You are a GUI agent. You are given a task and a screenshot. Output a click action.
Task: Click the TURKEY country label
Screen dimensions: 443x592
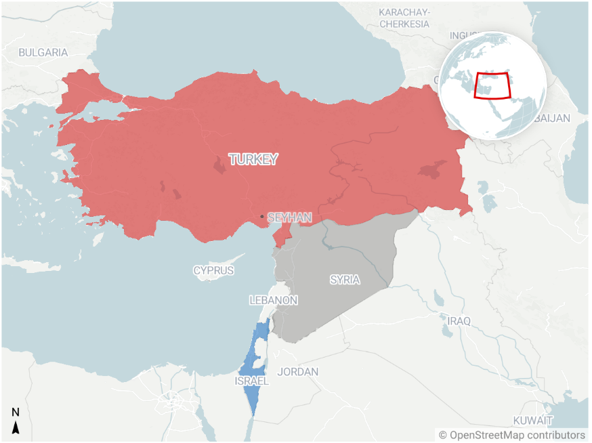(x=253, y=160)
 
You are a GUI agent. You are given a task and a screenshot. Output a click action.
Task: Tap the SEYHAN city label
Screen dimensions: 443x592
(x=289, y=217)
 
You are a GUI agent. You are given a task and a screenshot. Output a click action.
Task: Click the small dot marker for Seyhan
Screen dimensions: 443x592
(x=262, y=217)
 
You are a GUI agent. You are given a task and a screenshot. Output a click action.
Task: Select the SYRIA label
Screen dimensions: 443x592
(x=345, y=280)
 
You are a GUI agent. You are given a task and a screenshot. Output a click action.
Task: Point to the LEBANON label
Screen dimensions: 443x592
(x=273, y=300)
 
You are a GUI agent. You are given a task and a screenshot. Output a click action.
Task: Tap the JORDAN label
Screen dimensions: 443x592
(x=297, y=372)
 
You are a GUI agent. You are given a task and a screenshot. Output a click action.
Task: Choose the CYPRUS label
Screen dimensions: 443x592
(x=213, y=270)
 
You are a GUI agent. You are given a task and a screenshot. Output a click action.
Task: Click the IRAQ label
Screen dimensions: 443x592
(x=459, y=320)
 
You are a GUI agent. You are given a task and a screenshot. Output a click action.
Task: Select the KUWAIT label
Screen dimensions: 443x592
(x=532, y=421)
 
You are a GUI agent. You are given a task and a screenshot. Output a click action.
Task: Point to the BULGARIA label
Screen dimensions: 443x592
(x=43, y=52)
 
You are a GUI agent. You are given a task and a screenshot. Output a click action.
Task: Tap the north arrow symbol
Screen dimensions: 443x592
(x=16, y=421)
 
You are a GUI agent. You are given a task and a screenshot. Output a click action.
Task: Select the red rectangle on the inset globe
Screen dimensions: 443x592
(x=492, y=85)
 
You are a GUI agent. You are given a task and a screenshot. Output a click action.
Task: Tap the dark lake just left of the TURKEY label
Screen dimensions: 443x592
(x=219, y=165)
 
